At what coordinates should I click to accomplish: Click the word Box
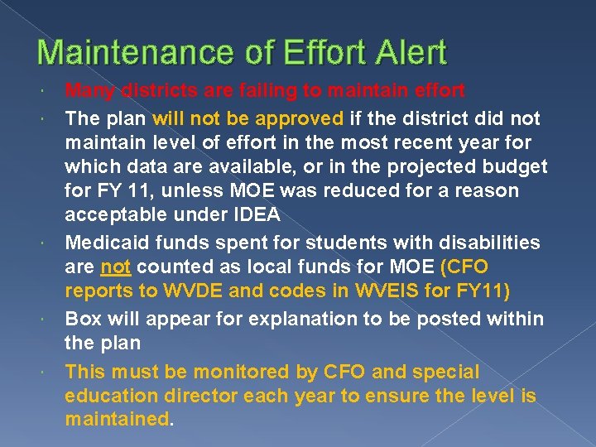point(83,319)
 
